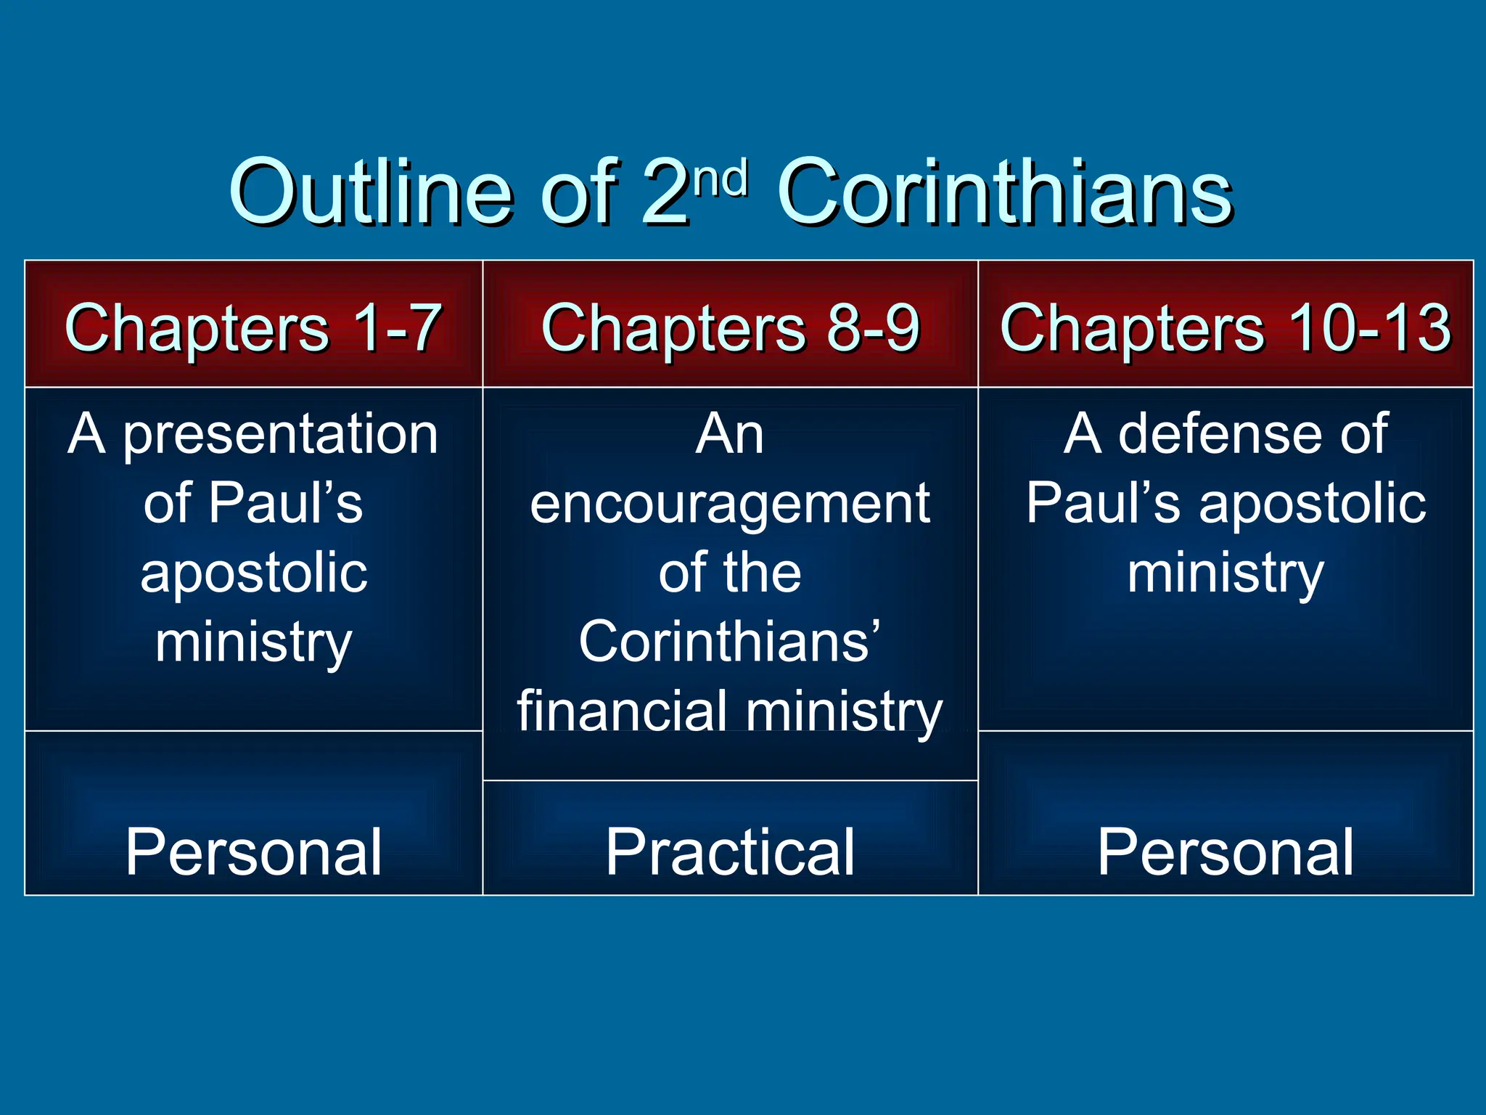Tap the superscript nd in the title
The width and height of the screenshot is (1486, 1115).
pos(721,179)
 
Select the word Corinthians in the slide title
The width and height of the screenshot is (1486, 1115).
pos(1004,192)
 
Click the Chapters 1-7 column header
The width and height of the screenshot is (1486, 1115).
pos(253,327)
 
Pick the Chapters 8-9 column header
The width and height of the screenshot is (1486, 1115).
pos(730,327)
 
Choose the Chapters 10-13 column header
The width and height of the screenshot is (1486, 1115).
pos(1225,327)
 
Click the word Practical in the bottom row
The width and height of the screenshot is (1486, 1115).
pos(730,852)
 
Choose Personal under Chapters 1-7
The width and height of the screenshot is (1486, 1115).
pos(253,852)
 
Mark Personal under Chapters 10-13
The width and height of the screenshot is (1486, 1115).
pos(1225,852)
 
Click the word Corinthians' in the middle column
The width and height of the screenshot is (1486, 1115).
pos(730,642)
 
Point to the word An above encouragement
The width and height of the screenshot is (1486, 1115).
pos(730,435)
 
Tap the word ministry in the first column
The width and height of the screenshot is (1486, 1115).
pos(253,643)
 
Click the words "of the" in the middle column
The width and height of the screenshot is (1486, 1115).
pos(730,573)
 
